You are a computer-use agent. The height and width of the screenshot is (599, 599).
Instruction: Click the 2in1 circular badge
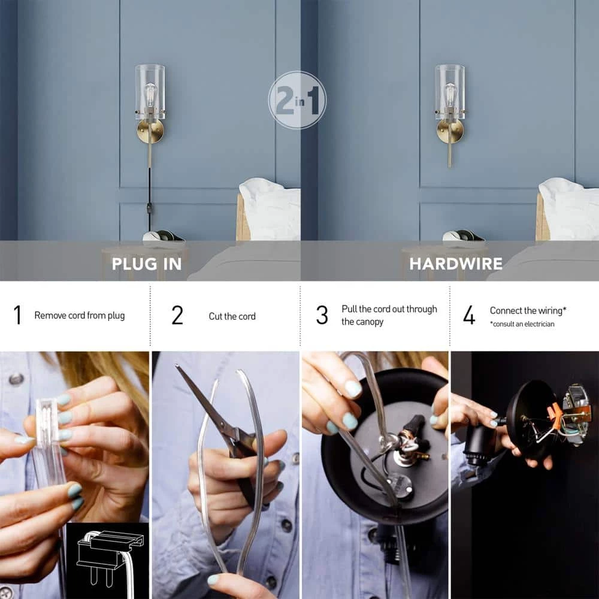point(297,99)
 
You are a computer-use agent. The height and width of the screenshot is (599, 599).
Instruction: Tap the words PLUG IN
point(147,264)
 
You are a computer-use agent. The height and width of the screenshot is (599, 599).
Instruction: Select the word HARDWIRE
point(456,264)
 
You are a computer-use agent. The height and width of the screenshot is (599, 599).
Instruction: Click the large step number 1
point(17,315)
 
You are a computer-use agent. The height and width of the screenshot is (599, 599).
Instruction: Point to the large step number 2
point(177,315)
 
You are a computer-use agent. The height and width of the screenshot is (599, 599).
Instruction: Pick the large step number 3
point(322,315)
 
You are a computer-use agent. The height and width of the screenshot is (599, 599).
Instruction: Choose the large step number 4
point(469,315)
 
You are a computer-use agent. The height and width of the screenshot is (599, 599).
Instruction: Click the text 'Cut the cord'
point(232,316)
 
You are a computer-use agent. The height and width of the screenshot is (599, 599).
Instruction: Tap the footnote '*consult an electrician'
point(522,324)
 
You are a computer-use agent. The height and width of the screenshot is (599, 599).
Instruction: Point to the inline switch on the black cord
point(149,208)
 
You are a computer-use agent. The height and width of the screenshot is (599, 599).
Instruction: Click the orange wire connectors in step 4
point(555,413)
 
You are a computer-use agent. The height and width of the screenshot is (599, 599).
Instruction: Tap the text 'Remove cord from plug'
point(80,316)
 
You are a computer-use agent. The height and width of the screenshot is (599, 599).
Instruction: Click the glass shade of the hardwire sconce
point(450,92)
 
